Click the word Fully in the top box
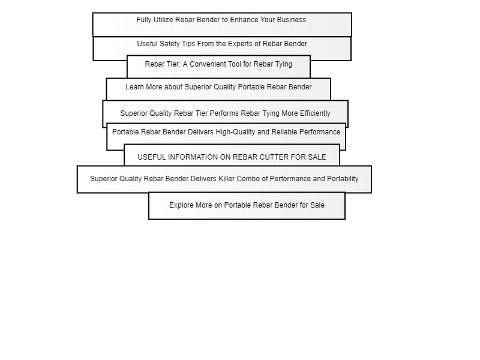[144, 20]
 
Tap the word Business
[292, 20]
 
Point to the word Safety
[169, 44]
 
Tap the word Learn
[134, 87]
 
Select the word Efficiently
[316, 113]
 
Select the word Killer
[227, 179]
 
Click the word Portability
[343, 179]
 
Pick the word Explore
[181, 205]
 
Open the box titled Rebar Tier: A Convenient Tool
[218, 67]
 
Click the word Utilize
[163, 20]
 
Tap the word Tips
[188, 44]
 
